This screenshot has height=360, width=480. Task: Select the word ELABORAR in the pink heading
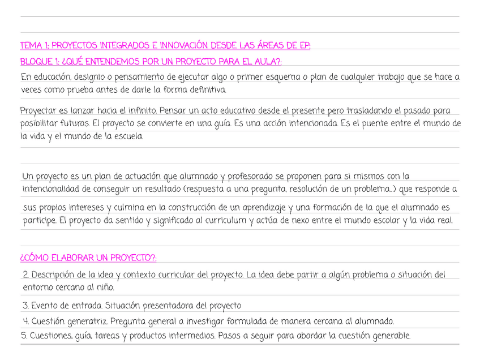pos(72,259)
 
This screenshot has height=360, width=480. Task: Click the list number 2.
pos(25,275)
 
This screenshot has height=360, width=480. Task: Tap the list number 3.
pos(25,306)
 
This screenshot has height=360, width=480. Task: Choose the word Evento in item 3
pos(45,306)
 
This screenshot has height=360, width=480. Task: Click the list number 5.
pos(24,336)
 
